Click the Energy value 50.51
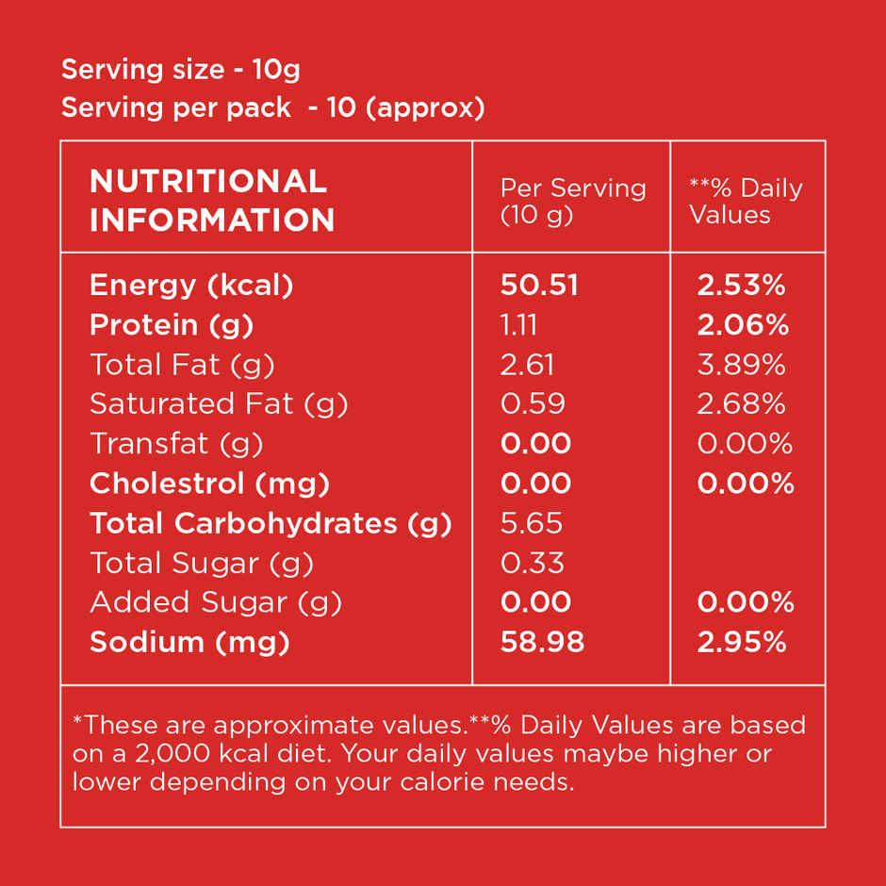(539, 285)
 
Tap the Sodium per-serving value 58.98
(543, 642)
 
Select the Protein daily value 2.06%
(743, 325)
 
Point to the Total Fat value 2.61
(527, 365)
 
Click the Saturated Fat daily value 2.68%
(741, 404)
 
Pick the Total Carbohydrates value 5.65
(532, 523)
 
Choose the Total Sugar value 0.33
(533, 563)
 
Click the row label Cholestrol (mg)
(209, 484)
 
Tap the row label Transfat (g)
(176, 444)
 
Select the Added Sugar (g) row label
(216, 603)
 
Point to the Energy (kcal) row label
(191, 286)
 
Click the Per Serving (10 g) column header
(573, 202)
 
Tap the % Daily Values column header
(746, 201)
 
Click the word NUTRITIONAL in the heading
(208, 181)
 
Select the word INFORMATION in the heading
(212, 220)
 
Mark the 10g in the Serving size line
(276, 70)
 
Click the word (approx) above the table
(425, 107)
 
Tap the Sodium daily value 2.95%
(742, 643)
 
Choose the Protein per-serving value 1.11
(518, 325)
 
